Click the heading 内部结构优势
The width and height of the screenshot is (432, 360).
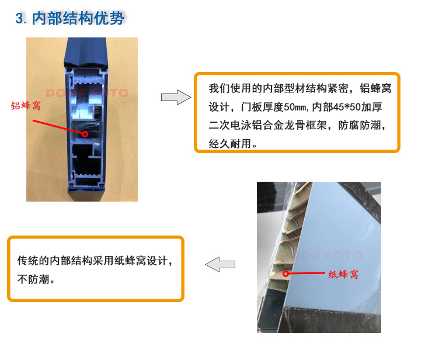[x=78, y=19]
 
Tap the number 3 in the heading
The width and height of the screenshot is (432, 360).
[x=19, y=19]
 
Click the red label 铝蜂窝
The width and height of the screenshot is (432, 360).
[x=26, y=106]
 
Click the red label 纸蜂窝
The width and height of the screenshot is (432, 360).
[x=343, y=275]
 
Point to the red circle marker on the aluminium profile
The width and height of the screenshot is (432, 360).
[x=85, y=134]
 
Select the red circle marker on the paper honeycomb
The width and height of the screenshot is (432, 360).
[x=285, y=274]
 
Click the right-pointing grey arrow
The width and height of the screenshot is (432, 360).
[x=176, y=97]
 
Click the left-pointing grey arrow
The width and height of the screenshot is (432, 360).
[x=220, y=264]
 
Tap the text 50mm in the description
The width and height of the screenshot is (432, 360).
[x=295, y=107]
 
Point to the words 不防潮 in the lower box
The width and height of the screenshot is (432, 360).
[x=33, y=279]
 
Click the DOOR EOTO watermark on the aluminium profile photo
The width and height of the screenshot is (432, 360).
[x=87, y=93]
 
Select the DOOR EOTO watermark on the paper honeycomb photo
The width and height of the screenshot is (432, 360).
[x=321, y=255]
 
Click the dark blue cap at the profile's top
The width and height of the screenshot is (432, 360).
[x=85, y=52]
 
